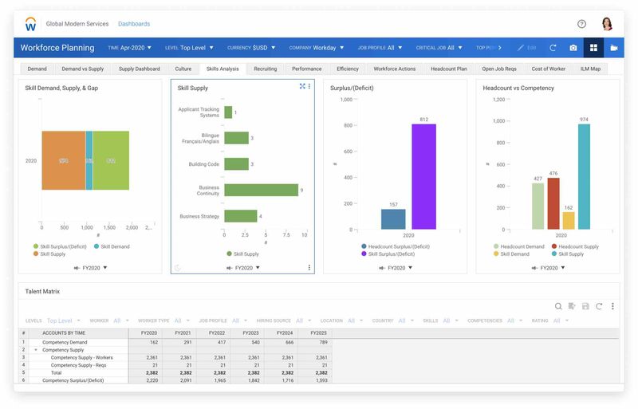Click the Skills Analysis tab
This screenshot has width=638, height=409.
pos(223,69)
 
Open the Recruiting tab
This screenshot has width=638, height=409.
pos(266,69)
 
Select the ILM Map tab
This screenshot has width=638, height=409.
pos(590,69)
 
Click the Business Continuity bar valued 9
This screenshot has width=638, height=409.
pos(262,190)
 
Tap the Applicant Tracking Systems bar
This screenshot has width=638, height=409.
pos(228,112)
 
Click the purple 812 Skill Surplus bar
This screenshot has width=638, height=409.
pos(423,177)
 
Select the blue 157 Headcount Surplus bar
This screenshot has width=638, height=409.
pos(393,219)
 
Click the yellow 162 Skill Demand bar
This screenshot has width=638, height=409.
pos(569,220)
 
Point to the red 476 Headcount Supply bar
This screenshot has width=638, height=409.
pos(553,203)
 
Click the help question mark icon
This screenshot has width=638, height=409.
pos(581,24)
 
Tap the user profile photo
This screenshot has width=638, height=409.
pos(606,24)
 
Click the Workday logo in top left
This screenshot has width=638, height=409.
pos(31,24)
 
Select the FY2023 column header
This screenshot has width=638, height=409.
pos(250,332)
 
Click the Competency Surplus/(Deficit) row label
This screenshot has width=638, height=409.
pos(73,380)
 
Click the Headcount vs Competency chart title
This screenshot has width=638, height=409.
pos(518,88)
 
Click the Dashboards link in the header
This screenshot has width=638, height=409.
pos(134,24)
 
